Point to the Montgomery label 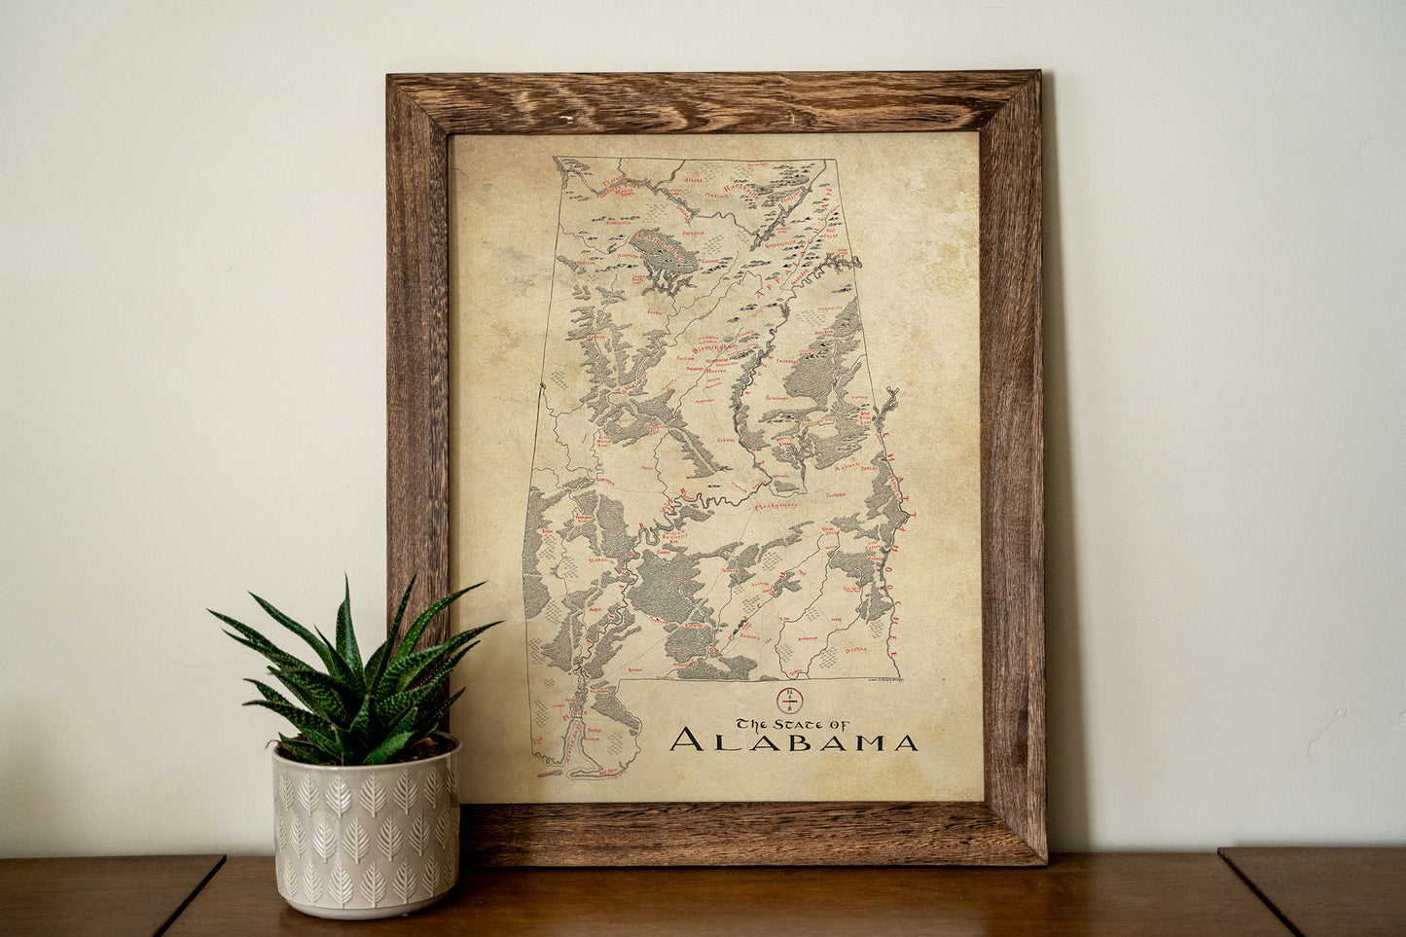tap(775, 507)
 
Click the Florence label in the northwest tap(611, 183)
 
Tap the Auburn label tap(847, 468)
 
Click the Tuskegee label tap(838, 495)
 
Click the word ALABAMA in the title tap(793, 741)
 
